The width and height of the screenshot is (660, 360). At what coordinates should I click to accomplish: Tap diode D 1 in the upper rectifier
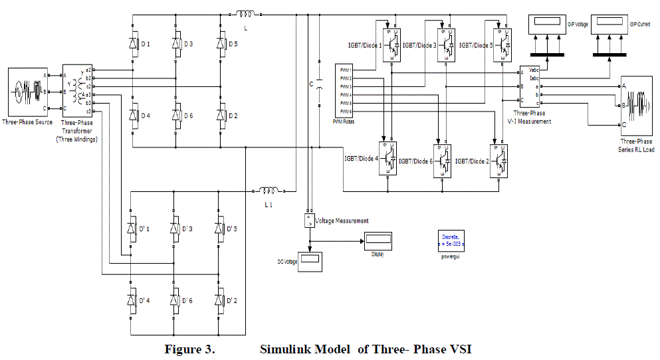click(133, 44)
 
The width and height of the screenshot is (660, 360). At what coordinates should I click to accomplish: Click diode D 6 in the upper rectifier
click(177, 116)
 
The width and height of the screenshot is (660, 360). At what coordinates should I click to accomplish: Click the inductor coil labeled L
click(244, 13)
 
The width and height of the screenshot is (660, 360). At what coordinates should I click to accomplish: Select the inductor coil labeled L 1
click(269, 191)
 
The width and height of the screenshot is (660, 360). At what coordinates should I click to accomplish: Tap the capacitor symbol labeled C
click(319, 85)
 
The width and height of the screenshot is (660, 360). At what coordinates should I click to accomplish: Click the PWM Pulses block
click(345, 90)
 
